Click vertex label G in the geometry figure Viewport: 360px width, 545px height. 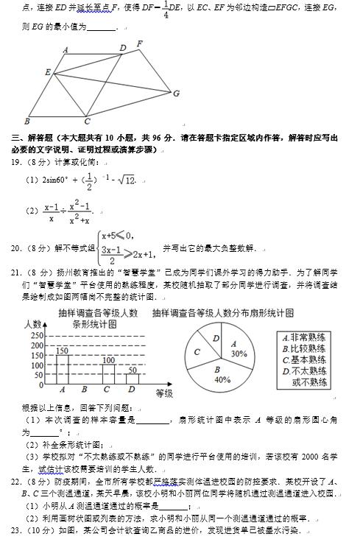click(176, 94)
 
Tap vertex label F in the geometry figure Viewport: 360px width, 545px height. click(140, 43)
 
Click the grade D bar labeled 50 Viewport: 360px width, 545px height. click(132, 379)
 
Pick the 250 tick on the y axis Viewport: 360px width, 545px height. click(35, 336)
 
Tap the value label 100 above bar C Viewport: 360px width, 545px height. click(109, 360)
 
